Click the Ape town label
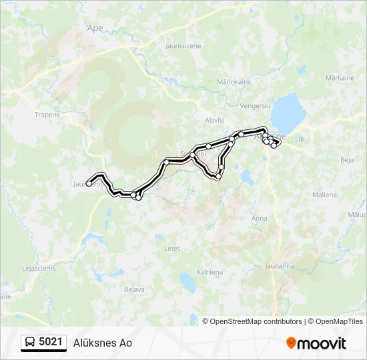[x=95, y=28]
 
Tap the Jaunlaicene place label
[x=182, y=47]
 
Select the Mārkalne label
[x=339, y=78]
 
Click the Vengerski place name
[x=256, y=105]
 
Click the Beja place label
[x=346, y=160]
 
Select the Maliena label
[x=343, y=195]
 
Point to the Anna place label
[x=259, y=219]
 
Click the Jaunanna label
[x=280, y=266]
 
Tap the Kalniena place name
[x=210, y=272]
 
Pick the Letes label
[x=172, y=248]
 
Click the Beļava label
[x=135, y=289]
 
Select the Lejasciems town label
[x=39, y=269]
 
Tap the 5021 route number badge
[x=44, y=343]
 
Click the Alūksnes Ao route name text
[x=102, y=343]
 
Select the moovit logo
[x=316, y=343]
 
